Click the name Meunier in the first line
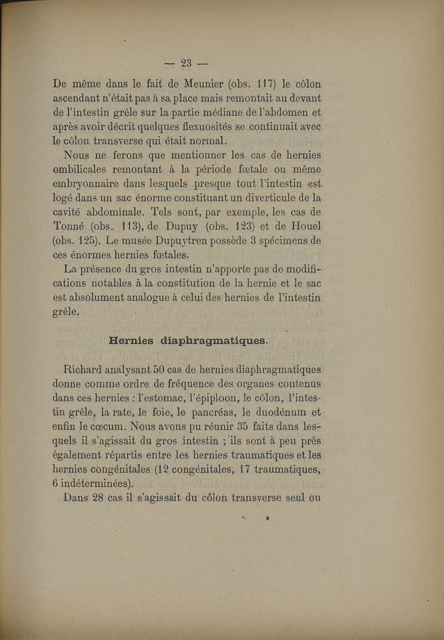point(204,84)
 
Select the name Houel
point(302,227)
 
